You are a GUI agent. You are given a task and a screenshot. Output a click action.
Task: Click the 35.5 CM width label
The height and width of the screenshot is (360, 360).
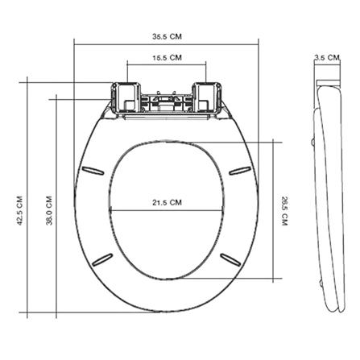(x=166, y=36)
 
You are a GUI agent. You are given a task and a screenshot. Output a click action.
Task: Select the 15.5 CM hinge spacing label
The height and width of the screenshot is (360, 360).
(x=167, y=58)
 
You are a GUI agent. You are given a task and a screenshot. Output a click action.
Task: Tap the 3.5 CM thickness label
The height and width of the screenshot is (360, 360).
(x=325, y=58)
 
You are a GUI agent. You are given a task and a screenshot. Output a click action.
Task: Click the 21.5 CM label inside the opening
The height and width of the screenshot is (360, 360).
(x=166, y=201)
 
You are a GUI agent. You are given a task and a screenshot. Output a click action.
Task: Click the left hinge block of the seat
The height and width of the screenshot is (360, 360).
(x=125, y=97)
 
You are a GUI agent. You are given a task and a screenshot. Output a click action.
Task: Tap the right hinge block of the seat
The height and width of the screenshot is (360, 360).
(x=207, y=97)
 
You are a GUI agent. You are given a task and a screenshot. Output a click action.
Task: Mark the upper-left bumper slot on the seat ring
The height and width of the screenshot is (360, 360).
(x=92, y=169)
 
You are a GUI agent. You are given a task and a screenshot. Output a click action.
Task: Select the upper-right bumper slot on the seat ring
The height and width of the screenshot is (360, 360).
(x=239, y=169)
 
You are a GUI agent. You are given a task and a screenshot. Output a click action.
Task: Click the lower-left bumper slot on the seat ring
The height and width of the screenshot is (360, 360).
(x=103, y=258)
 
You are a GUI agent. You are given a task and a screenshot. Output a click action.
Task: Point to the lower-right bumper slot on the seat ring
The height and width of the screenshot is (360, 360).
(x=229, y=258)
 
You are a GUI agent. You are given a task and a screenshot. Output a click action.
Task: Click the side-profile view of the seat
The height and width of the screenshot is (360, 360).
(x=326, y=193)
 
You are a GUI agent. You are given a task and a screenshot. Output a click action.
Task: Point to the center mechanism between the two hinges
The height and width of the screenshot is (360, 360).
(x=166, y=102)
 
